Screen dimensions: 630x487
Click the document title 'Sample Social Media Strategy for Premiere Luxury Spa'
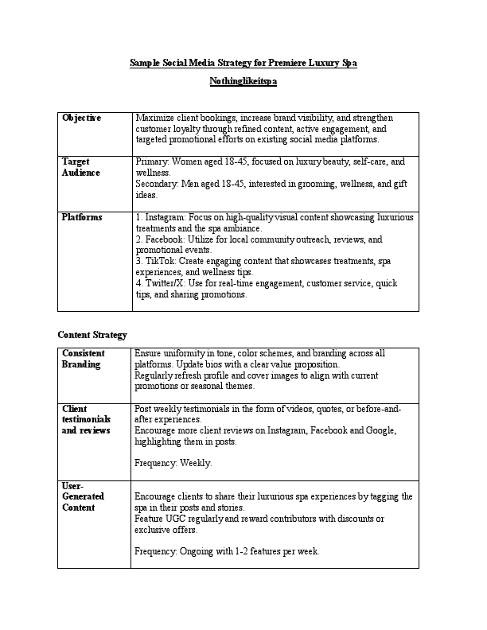coord(243,63)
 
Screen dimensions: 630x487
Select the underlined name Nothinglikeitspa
coord(243,81)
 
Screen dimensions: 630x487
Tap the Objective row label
coord(81,118)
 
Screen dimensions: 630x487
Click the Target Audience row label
coord(80,166)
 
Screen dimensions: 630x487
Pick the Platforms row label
coord(81,217)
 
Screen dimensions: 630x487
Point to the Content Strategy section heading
coord(92,335)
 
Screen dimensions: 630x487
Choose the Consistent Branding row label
coord(84,358)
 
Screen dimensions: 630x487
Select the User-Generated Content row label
coord(83,496)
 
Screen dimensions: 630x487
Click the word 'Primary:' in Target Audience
coord(153,161)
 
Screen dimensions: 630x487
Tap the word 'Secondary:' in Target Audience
coord(158,183)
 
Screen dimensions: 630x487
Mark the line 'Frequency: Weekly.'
coord(173,462)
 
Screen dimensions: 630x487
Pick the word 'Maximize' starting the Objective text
coord(156,118)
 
